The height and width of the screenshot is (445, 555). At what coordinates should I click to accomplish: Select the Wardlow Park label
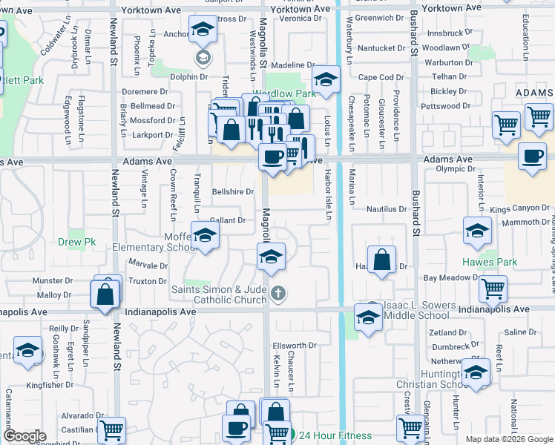click(x=286, y=94)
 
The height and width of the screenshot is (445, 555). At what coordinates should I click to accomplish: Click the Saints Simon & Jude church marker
click(x=278, y=293)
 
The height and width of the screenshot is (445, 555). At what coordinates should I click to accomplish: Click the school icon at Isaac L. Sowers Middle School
click(x=367, y=317)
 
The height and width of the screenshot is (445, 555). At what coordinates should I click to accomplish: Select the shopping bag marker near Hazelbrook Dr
click(x=381, y=261)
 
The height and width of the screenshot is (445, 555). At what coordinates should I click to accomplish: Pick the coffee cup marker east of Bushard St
click(x=531, y=157)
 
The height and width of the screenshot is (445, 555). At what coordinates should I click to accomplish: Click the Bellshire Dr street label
click(x=234, y=191)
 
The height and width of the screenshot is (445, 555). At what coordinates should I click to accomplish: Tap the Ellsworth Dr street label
click(x=295, y=346)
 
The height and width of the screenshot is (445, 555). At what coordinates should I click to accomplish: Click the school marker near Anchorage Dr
click(x=203, y=30)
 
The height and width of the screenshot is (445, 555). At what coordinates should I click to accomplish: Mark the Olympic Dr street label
click(x=456, y=169)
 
